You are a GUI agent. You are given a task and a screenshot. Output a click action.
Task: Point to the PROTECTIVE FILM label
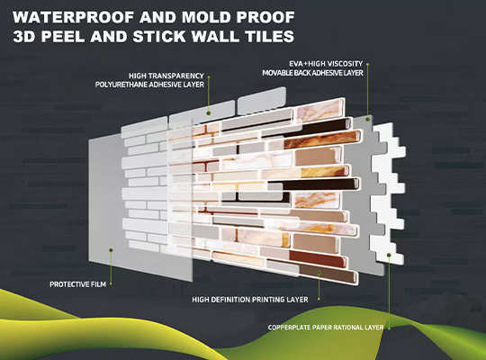click(77, 284)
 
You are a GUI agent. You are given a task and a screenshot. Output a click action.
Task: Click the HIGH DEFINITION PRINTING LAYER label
click(250, 300)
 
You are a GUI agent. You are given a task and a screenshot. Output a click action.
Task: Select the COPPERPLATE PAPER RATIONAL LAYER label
click(326, 328)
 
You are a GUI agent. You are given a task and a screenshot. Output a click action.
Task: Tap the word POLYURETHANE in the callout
click(121, 85)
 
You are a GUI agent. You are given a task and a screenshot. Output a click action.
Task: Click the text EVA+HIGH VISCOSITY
click(326, 64)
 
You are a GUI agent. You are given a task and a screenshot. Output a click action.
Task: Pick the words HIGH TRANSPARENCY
click(166, 76)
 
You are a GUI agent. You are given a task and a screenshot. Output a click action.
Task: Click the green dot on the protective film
click(111, 250)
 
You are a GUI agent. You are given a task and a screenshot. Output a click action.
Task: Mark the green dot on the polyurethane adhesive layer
click(209, 113)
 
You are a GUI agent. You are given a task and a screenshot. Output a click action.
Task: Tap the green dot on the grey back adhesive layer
click(368, 119)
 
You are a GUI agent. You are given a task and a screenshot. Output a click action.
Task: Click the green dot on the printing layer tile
click(319, 272)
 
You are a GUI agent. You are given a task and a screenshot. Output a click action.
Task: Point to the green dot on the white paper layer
click(389, 255)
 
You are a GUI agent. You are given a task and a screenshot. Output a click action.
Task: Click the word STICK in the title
click(159, 36)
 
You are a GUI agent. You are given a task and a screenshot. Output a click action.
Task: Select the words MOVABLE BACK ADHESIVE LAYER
click(312, 73)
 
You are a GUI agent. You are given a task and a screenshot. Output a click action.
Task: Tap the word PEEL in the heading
click(63, 36)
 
